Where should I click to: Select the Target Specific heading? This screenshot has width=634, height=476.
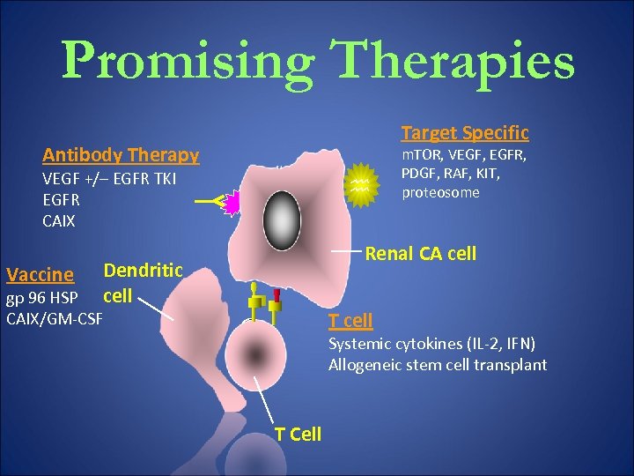[x=465, y=133]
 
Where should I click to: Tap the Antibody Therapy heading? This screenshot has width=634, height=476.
[x=121, y=155]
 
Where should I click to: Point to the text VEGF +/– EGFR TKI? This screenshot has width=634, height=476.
[x=109, y=179]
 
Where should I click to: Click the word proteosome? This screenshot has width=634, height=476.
[x=440, y=192]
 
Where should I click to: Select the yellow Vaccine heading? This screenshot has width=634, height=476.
[x=40, y=275]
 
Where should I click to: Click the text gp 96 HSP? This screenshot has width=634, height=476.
[x=41, y=295]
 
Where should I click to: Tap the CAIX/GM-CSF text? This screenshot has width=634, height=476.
[x=54, y=315]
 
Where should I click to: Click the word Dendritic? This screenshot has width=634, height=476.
[x=143, y=271]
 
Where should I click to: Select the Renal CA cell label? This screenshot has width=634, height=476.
[x=420, y=255]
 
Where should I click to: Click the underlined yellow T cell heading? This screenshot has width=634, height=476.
[x=350, y=320]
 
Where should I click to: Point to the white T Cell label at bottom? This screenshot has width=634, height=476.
[x=298, y=434]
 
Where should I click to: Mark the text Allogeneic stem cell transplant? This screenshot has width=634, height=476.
[x=438, y=364]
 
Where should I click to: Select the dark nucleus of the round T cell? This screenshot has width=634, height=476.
[x=255, y=356]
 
